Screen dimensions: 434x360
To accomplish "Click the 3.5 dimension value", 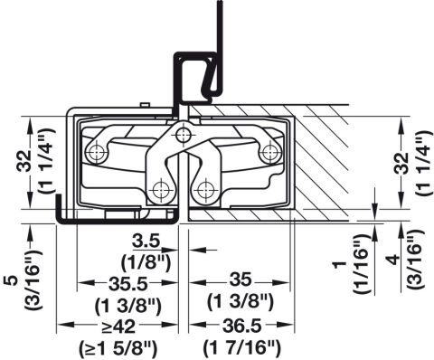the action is pyautogui.click(x=145, y=242).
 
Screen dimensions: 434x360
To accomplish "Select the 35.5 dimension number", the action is pyautogui.click(x=127, y=284).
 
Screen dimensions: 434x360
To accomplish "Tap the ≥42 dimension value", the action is pyautogui.click(x=118, y=327).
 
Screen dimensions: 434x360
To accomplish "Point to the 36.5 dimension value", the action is pyautogui.click(x=241, y=326).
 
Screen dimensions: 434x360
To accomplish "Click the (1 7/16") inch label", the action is pyautogui.click(x=241, y=348).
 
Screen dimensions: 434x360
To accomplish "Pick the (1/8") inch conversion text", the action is pyautogui.click(x=146, y=262).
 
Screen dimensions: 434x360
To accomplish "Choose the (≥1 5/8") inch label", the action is pyautogui.click(x=118, y=349).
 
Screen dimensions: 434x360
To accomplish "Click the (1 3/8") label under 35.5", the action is pyautogui.click(x=128, y=307).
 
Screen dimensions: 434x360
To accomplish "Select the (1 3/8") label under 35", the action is pyautogui.click(x=241, y=302).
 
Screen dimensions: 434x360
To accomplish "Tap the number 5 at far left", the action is pyautogui.click(x=11, y=280).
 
